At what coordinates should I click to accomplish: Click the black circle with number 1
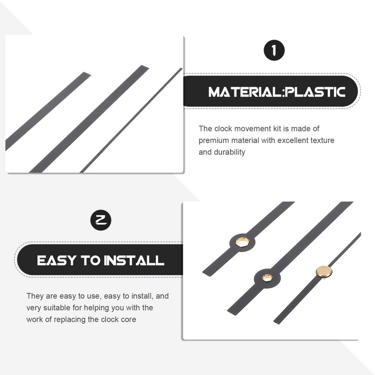[x=274, y=50]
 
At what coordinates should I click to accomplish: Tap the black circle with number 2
[x=100, y=220]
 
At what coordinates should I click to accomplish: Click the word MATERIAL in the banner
[x=244, y=92]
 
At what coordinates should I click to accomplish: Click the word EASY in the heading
[x=57, y=261]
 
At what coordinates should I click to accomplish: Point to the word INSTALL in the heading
[x=134, y=261]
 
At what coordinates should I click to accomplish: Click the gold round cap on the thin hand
[x=324, y=271]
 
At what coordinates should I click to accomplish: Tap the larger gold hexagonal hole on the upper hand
[x=243, y=243]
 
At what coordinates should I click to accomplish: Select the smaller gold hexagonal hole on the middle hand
[x=267, y=278]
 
